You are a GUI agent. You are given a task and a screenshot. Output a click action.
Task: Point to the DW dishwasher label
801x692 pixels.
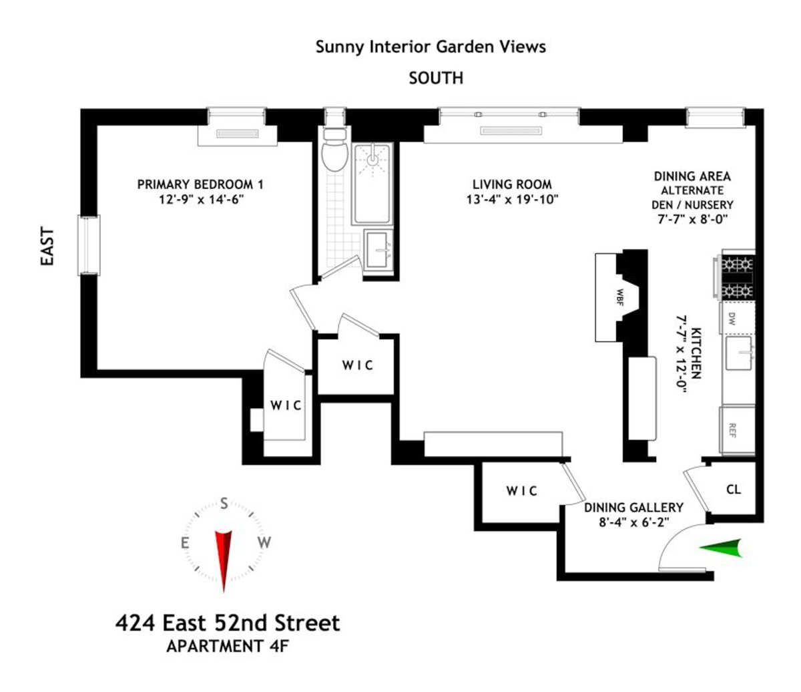(731, 318)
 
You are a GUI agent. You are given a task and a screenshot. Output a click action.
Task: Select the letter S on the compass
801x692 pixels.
(224, 503)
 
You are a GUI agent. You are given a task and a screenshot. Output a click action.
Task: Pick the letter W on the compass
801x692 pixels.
(264, 542)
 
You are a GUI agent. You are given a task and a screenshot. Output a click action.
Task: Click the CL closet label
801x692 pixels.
(734, 490)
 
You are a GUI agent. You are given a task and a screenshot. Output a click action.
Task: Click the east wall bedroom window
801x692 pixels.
(89, 244)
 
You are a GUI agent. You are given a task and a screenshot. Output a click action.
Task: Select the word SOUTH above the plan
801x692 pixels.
(436, 78)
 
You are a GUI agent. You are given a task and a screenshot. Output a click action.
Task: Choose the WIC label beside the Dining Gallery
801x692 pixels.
(521, 491)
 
